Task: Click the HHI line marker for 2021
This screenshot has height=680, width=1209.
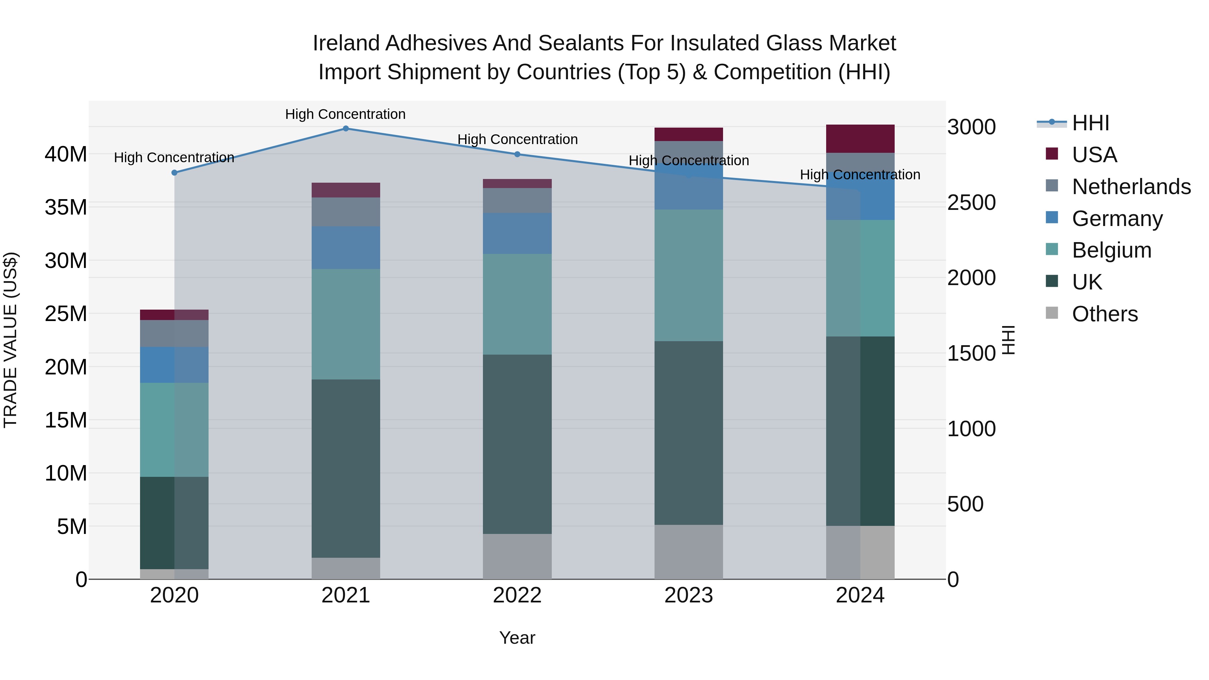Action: tap(346, 128)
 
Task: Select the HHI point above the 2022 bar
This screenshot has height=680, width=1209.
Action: tap(517, 154)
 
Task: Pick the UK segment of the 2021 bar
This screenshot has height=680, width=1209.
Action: tap(346, 468)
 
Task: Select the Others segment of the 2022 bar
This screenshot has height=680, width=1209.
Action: tap(517, 556)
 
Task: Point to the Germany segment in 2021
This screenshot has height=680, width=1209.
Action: tap(346, 248)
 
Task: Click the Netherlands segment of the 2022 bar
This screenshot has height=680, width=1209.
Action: tap(517, 200)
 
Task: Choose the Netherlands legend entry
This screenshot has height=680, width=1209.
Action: tap(1131, 187)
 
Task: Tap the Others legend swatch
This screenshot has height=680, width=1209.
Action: tap(1052, 313)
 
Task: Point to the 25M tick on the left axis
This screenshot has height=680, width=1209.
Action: tap(66, 314)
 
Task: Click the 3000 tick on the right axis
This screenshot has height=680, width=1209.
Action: tap(971, 127)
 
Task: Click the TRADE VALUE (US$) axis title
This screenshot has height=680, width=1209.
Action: tap(10, 340)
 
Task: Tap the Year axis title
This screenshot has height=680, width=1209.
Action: tap(517, 638)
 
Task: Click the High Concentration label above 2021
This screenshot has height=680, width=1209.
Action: tap(346, 114)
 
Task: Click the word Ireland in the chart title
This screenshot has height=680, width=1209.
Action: tap(346, 43)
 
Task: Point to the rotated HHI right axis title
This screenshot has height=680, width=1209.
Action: tap(1007, 340)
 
